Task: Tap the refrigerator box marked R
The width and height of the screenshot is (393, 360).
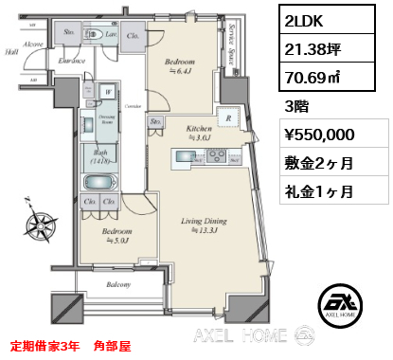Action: [227, 119]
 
